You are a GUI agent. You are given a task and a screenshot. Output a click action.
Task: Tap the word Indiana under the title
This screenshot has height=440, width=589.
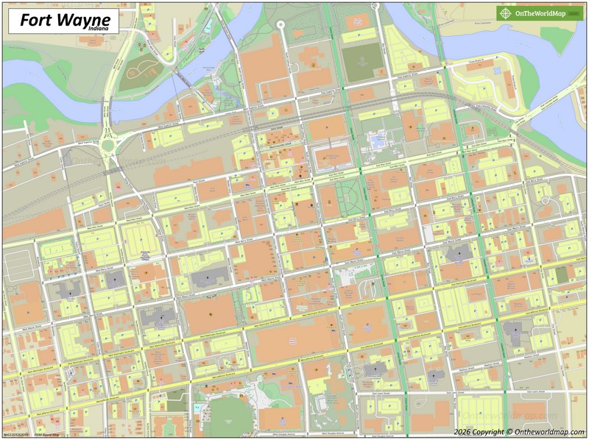(94, 30)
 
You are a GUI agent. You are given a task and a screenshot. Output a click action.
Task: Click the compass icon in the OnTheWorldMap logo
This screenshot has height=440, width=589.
(505, 13)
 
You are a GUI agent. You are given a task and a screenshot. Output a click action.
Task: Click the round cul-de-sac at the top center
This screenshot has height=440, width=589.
(280, 24)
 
